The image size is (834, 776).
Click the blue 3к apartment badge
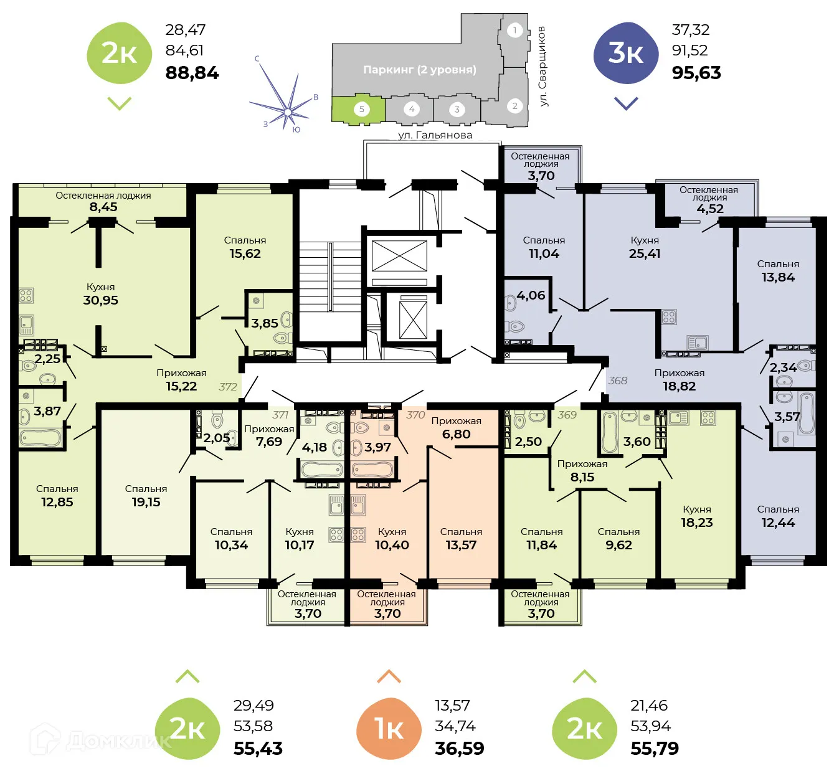pos(626,54)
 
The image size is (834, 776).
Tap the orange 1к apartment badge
pos(389,729)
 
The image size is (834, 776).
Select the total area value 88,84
pos(192,73)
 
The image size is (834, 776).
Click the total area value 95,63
pos(696,73)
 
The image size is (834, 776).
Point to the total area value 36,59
pos(459,749)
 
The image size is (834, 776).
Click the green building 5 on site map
pos(359,110)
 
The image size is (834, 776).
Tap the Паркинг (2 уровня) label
pos(419,70)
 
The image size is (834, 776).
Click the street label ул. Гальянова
pos(435,135)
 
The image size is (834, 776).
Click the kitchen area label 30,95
pos(101,300)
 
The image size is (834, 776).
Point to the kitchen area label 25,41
pos(645,253)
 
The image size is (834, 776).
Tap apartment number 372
pos(228,387)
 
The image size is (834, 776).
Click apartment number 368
pos(618,381)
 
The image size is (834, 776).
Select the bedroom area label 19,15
pos(146,502)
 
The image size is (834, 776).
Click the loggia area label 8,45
pos(103,207)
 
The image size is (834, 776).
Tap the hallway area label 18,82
pos(679,386)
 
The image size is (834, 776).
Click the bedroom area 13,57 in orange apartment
pos(461,545)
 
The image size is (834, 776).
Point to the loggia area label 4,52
pos(709,209)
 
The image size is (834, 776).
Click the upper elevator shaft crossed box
pos(399,256)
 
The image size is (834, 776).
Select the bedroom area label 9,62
pos(618,545)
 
